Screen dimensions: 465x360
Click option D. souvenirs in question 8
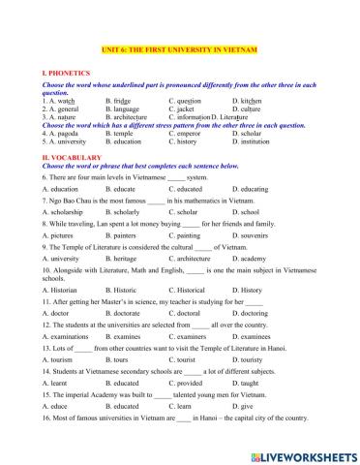tap(255, 234)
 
